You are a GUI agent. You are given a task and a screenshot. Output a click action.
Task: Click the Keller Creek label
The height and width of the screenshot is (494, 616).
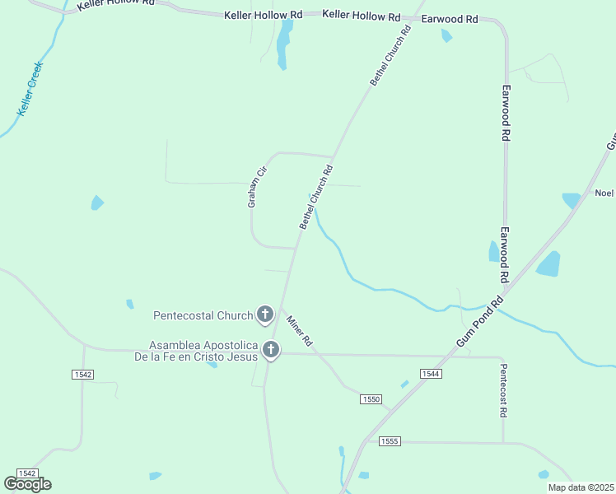(30, 89)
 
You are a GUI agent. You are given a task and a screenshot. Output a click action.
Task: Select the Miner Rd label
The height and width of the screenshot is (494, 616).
(298, 330)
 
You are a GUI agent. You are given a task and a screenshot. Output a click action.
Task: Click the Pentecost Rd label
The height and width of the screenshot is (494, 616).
(502, 390)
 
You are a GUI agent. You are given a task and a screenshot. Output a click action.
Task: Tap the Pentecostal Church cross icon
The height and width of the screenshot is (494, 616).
(265, 314)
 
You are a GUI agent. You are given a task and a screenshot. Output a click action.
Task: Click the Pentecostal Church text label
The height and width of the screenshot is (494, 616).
(203, 315)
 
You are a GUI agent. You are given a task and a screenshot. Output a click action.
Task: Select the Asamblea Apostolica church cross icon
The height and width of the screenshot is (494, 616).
(271, 351)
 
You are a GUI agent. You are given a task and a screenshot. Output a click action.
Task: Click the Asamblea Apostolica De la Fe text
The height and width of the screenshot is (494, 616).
(198, 352)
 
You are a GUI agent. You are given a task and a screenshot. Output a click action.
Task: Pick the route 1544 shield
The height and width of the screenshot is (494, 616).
(431, 374)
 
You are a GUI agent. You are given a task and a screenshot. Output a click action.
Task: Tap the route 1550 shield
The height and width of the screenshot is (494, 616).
(371, 399)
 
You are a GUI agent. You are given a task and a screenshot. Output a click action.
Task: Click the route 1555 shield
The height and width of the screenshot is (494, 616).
(390, 441)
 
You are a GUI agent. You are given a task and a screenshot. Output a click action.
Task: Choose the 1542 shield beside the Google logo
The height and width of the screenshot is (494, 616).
(26, 473)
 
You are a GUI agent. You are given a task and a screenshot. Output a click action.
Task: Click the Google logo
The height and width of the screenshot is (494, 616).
(27, 484)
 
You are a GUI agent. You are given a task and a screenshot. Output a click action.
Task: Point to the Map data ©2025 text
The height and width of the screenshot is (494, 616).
(581, 487)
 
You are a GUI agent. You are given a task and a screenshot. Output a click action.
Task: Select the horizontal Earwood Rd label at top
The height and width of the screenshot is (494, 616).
(449, 17)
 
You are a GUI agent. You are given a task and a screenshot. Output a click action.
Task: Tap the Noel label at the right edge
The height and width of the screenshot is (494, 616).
(604, 193)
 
